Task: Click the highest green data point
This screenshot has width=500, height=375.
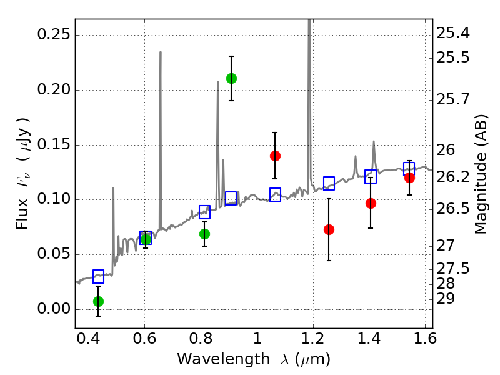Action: click(x=231, y=78)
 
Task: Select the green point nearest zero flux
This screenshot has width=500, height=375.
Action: click(x=98, y=301)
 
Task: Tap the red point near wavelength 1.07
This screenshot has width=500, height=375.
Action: click(x=275, y=156)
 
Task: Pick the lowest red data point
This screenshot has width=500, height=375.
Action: click(x=329, y=229)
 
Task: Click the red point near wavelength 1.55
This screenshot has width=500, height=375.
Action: click(x=409, y=177)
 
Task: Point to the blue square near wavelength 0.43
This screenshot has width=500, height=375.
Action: click(x=98, y=276)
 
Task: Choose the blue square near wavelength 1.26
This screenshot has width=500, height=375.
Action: click(x=329, y=183)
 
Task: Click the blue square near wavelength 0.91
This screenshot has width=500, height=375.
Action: click(x=231, y=198)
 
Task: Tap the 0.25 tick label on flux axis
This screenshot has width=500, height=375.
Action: click(x=53, y=35)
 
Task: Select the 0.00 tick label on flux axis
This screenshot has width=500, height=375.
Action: click(x=53, y=309)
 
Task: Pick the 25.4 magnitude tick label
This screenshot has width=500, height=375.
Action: click(x=452, y=32)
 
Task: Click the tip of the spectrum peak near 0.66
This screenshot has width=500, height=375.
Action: click(x=161, y=52)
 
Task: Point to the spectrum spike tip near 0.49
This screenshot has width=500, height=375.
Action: click(x=113, y=187)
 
